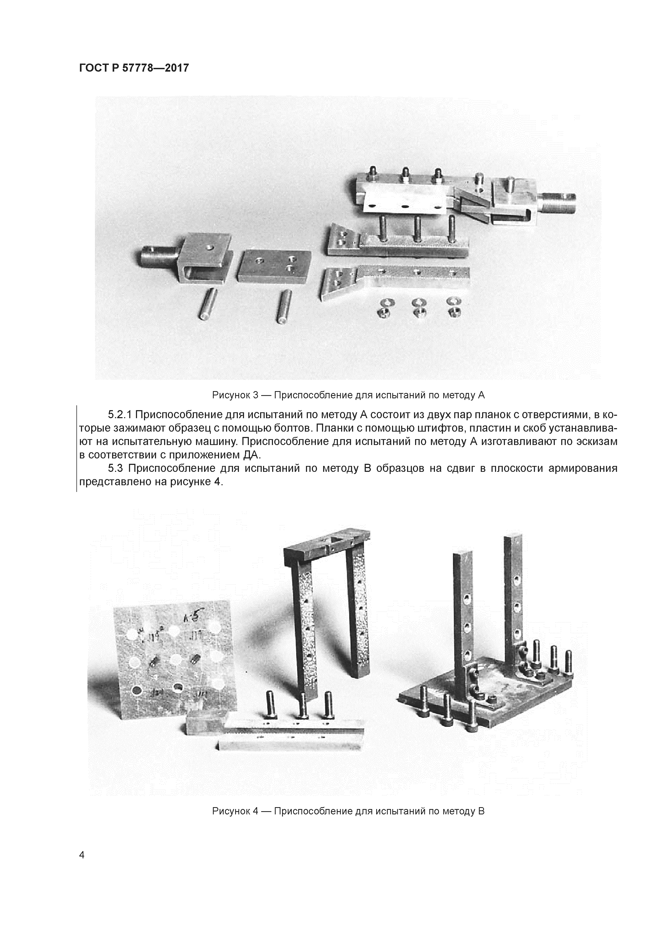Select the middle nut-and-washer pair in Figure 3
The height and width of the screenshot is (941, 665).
point(419,307)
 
